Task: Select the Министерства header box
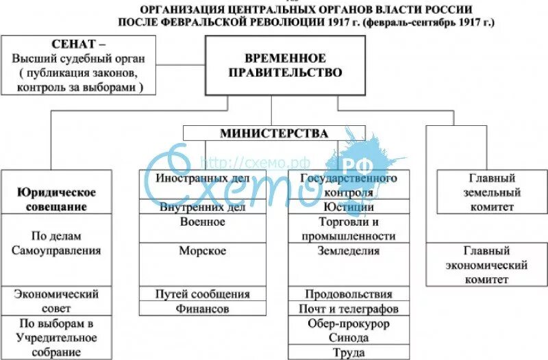(x=274, y=133)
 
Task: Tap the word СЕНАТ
(x=74, y=44)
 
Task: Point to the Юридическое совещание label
(x=56, y=199)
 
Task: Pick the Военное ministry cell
(x=202, y=222)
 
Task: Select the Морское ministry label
(x=202, y=251)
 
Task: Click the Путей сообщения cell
(x=202, y=294)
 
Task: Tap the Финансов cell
(x=202, y=309)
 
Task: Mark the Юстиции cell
(x=348, y=207)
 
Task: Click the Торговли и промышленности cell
(x=348, y=229)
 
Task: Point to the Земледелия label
(x=348, y=250)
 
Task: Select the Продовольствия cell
(x=348, y=294)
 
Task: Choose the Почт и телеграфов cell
(x=348, y=309)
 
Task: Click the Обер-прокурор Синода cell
(x=348, y=331)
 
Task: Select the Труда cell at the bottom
(x=348, y=352)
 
